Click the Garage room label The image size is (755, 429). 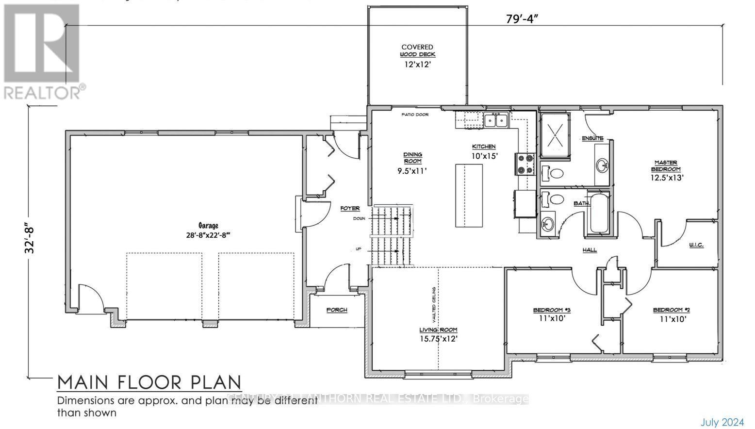click(208, 226)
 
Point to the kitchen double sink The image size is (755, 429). click(495, 120)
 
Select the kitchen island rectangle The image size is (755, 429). click(469, 195)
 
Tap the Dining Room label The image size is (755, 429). click(412, 158)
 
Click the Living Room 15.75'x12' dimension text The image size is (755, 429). click(439, 339)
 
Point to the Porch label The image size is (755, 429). click(337, 310)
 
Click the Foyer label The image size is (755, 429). click(350, 208)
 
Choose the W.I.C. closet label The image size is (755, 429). click(696, 246)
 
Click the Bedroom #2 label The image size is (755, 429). click(672, 310)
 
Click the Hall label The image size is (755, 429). click(590, 250)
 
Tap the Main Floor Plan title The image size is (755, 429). click(149, 383)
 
